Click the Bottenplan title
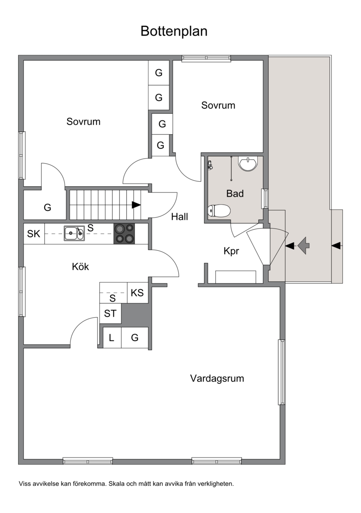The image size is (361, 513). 174,32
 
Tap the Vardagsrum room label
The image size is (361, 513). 217,379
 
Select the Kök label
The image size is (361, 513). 80,266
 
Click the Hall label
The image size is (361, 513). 180,216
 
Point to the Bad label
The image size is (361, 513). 235,193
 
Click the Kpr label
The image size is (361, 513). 231,251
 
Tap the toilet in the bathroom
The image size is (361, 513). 219,211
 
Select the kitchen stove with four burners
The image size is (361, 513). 124,234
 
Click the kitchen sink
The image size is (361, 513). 74,233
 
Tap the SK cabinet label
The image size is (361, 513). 33,234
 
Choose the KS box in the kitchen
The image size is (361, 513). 137,293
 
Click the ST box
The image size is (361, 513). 110,313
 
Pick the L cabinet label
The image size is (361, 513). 111,338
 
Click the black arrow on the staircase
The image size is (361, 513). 136,205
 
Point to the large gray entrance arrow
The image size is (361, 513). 304,245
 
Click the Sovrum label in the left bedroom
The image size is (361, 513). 83,122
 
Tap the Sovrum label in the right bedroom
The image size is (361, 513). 218,105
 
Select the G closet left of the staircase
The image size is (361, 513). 47,207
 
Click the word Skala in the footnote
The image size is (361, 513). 116,484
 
